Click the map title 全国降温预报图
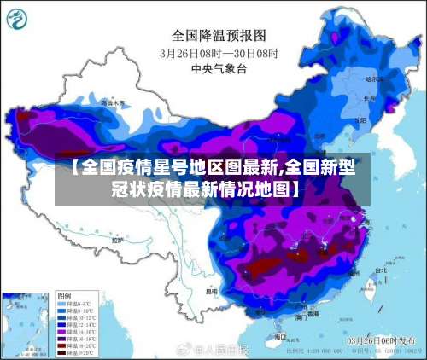tap(219, 36)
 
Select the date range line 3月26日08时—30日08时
tap(219, 52)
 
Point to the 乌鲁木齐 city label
tap(112, 103)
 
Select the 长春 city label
tap(369, 97)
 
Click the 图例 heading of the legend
tap(63, 294)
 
